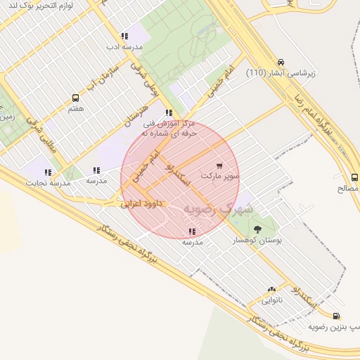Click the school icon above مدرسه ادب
pos(124,36)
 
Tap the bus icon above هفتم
pos(75,98)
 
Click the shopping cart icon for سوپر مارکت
pos(219,166)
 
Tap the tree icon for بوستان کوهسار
pos(257,229)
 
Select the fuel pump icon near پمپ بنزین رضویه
pos(336,316)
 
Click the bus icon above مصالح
pos(354,178)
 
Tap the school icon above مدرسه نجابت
pos(48,172)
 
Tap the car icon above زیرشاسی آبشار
pos(281,63)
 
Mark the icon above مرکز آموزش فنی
pos(169,112)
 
